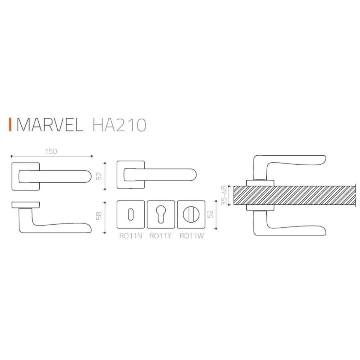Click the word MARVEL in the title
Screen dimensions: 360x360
pos(49,125)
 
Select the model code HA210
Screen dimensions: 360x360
pos(118,125)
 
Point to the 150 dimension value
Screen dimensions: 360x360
pos(51,151)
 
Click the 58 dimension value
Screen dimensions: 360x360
pos(100,217)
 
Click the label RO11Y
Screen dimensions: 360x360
pos(160,236)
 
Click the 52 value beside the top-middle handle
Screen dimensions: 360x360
pos(100,176)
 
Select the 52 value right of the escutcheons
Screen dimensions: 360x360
pos(211,214)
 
